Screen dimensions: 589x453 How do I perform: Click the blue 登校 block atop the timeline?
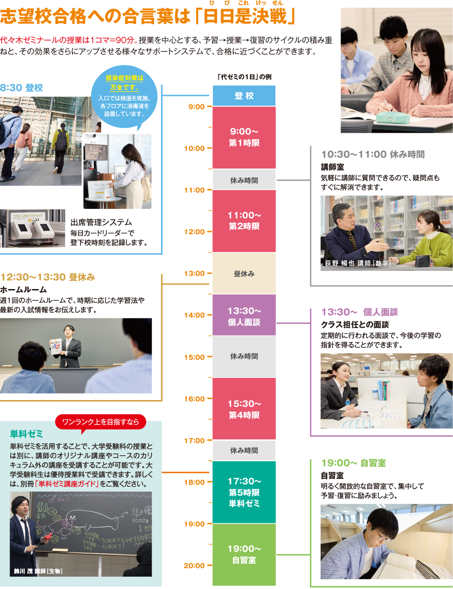click(244, 96)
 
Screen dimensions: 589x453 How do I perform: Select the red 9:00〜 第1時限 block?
click(244, 137)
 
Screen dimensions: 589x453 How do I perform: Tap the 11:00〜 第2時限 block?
click(244, 221)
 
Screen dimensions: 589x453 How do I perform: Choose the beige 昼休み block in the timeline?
click(244, 274)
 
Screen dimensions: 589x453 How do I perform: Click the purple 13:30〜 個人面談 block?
click(244, 316)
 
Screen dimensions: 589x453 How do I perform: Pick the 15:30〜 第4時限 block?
click(244, 409)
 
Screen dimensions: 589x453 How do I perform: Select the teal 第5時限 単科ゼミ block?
click(244, 492)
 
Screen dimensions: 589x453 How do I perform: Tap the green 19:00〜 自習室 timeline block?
click(244, 554)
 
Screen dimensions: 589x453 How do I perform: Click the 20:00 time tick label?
click(194, 565)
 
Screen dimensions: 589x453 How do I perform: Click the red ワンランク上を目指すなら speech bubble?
click(101, 422)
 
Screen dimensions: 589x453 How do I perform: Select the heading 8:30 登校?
click(22, 88)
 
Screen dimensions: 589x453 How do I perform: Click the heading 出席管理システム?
click(101, 222)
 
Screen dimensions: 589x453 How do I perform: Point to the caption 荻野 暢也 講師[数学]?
click(357, 263)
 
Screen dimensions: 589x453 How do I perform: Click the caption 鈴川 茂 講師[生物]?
click(38, 571)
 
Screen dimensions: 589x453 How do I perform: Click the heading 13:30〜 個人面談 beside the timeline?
click(360, 312)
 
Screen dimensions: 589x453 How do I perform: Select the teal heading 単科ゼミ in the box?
click(26, 434)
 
